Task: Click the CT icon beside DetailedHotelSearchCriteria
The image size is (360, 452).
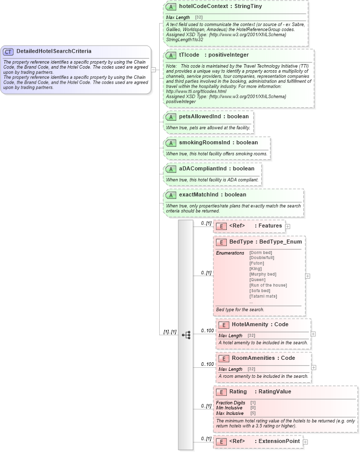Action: coord(9,51)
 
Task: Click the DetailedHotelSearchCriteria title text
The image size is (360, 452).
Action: coord(54,51)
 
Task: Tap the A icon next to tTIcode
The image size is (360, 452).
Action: coord(171,55)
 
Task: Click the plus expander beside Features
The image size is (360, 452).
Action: coord(288,227)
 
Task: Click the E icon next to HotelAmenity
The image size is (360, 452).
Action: coord(223,325)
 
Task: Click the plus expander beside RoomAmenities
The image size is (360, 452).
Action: coord(313,367)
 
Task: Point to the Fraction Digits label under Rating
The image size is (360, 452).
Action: coord(230,402)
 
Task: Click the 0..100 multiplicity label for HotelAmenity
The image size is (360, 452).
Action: coord(207,331)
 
